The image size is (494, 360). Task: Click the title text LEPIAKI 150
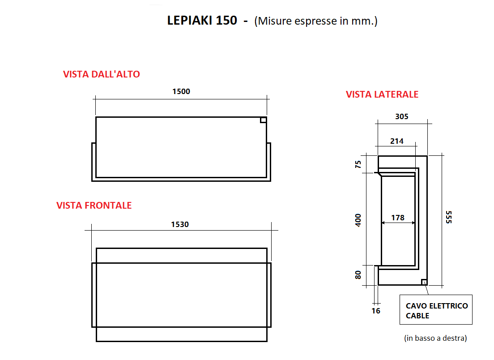coord(202,21)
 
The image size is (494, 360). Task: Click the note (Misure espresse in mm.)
coord(315,21)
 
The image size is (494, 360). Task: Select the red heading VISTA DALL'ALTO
coord(102,74)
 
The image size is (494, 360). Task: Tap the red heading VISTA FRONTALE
coord(94,206)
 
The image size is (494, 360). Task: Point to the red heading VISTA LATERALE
coord(382,94)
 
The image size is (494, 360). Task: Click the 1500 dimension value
coord(181,91)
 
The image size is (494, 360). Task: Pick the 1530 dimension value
coord(180,224)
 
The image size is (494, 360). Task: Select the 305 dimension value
coord(401,117)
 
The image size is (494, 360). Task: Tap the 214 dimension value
coord(396,141)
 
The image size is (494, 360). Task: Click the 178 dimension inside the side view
coord(397,218)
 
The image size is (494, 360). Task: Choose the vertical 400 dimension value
coord(358,219)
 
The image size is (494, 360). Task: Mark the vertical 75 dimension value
coord(358,164)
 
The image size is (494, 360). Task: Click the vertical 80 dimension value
coord(358,274)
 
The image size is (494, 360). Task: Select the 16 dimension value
coord(376,310)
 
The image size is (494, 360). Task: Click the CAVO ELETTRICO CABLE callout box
coord(436,309)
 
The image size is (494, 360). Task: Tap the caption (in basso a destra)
coord(435,338)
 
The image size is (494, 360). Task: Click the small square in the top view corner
coord(264,120)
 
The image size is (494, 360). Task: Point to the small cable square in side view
coord(424,282)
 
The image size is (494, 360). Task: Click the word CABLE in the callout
coord(417,316)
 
